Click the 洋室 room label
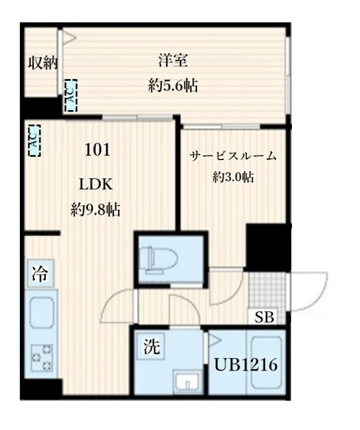173,60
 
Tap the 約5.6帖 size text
173,86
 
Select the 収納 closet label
43,63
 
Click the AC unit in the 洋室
70,96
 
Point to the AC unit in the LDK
35,140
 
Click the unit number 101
97,150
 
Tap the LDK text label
96,185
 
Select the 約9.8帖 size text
96,210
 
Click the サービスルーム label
233,156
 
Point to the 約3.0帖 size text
233,177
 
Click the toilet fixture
158,259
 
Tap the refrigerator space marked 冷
40,273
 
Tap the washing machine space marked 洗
151,346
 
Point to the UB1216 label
246,365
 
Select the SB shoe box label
264,317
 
